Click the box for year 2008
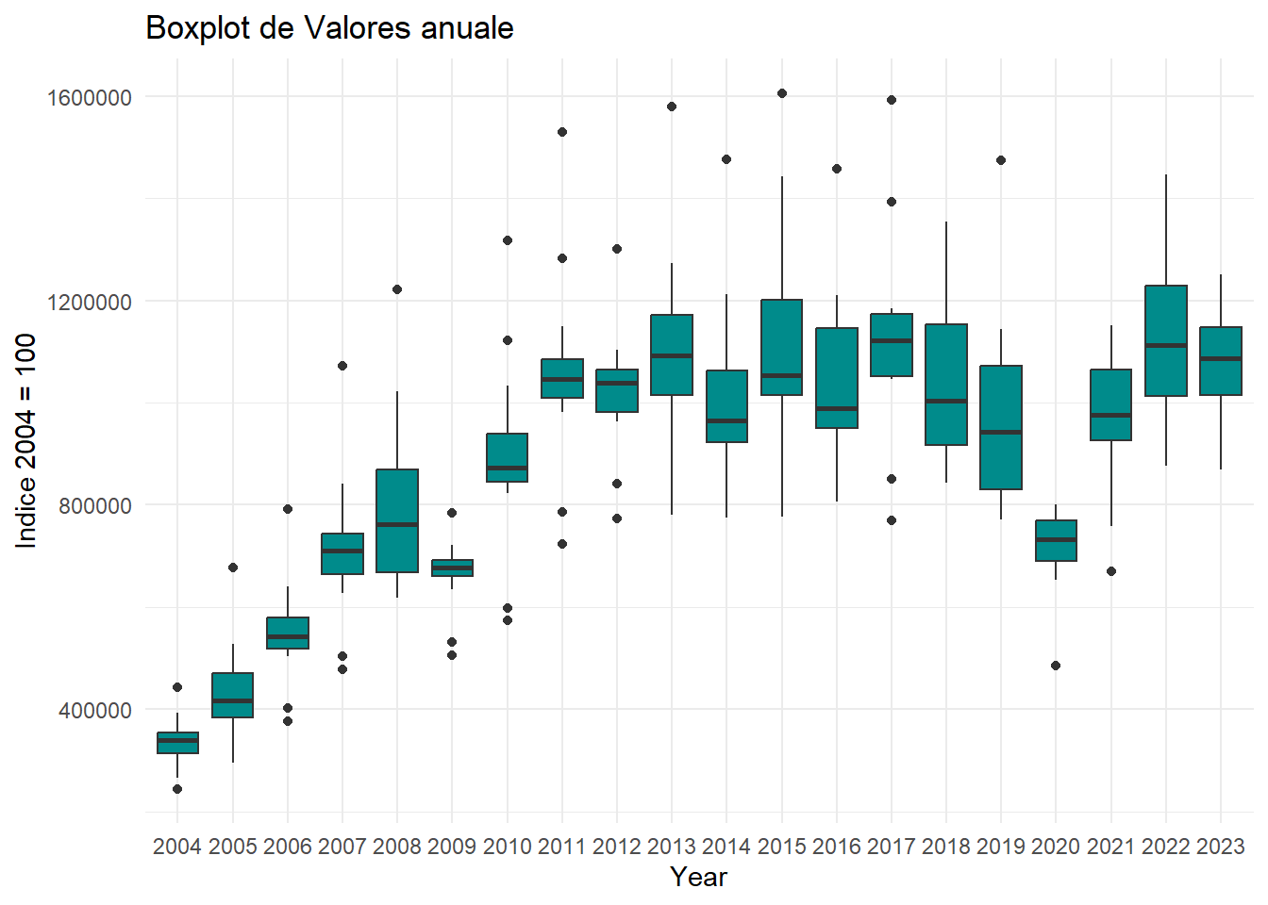coord(397,521)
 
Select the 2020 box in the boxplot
coord(1056,540)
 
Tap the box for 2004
coord(177,743)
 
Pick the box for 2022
coord(1165,340)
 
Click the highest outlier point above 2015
coord(782,93)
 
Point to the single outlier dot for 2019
coord(1001,160)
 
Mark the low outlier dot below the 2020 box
coord(1056,666)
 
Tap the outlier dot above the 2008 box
coord(397,289)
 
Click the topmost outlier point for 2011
coord(562,132)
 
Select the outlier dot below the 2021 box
coord(1111,571)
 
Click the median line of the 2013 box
coord(672,355)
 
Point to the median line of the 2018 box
coord(946,401)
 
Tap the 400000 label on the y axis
coord(95,710)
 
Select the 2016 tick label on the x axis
coord(836,847)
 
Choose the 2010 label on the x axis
coord(508,847)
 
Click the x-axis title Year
coord(698,878)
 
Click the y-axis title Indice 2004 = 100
coord(25,441)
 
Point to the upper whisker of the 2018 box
coord(946,272)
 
